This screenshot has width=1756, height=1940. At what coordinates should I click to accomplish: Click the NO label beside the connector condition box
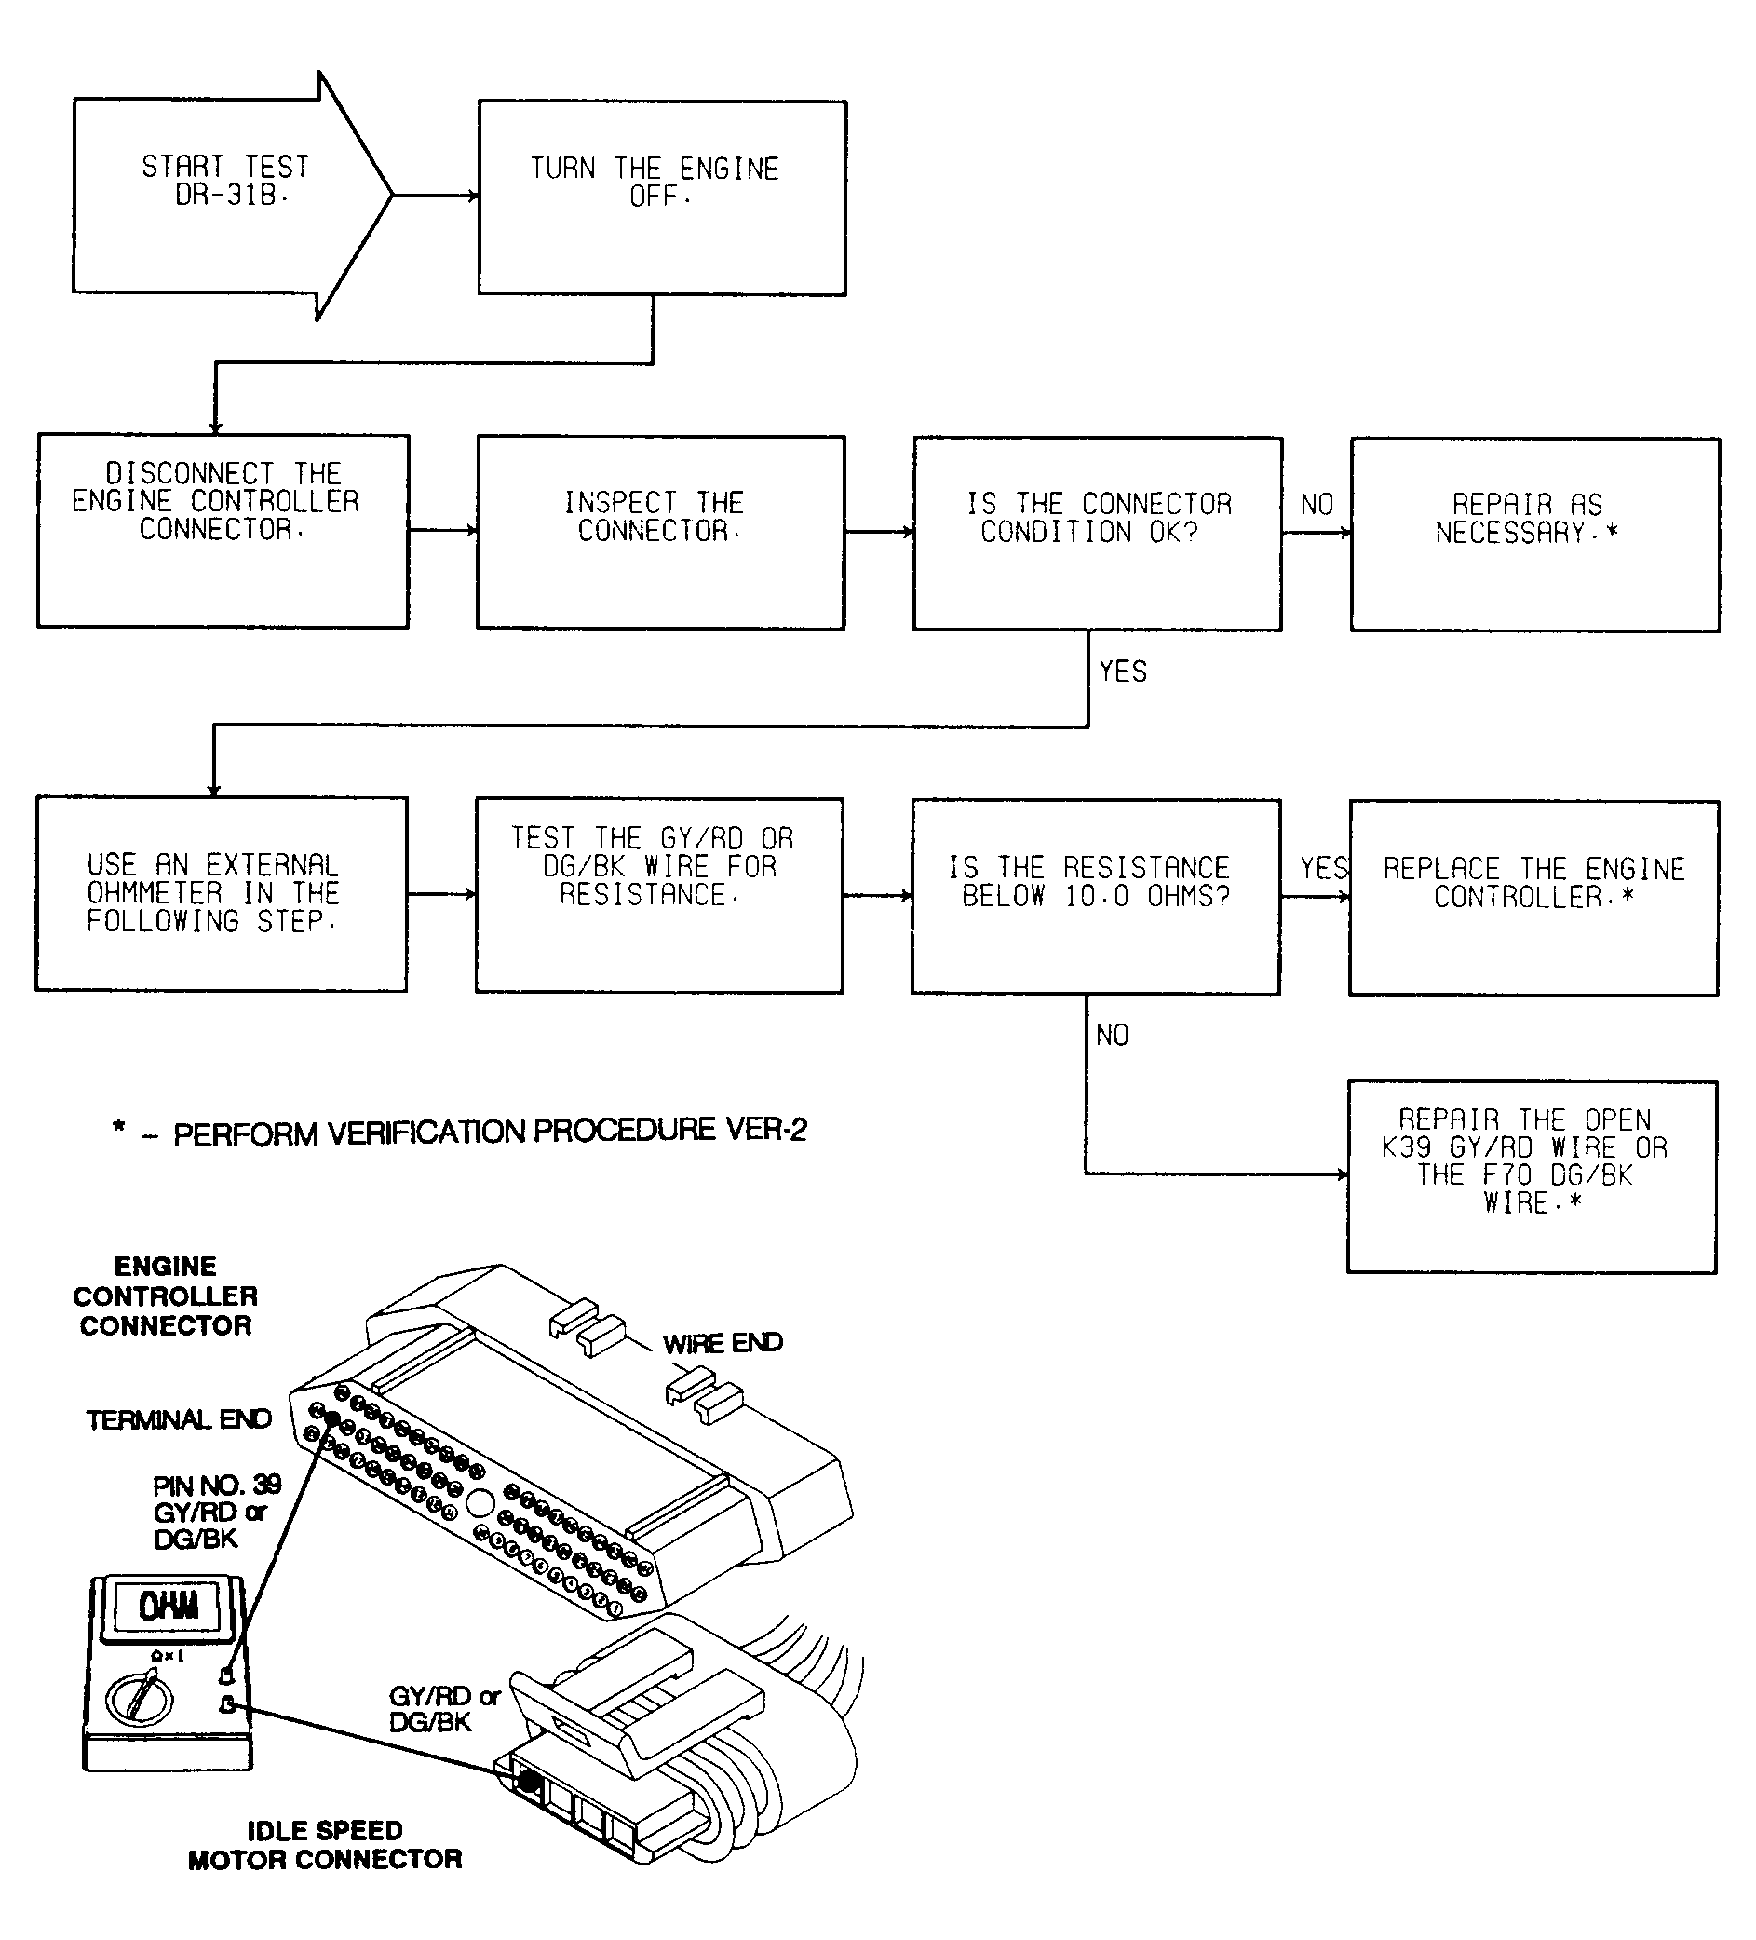click(x=1317, y=504)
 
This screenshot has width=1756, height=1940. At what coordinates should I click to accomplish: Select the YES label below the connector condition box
click(x=1123, y=672)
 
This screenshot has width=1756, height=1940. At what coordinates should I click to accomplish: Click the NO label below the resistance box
click(x=1113, y=1036)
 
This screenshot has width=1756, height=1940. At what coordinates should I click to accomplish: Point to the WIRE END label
click(x=723, y=1342)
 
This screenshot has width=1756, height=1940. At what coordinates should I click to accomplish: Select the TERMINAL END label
click(x=179, y=1419)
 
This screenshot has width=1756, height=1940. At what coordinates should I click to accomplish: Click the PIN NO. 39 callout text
click(x=217, y=1512)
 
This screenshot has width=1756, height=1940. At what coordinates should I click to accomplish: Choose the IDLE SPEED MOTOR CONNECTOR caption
click(x=325, y=1845)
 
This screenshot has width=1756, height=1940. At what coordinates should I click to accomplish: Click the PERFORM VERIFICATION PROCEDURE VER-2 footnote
click(x=460, y=1131)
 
